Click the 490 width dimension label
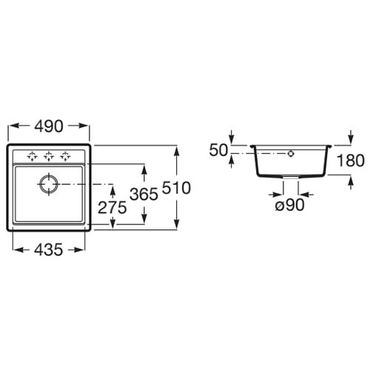point(49,127)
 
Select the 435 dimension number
point(48,249)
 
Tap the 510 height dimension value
point(176,188)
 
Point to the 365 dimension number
point(144,194)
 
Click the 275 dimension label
point(112,207)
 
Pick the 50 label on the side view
point(218,150)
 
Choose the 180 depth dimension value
point(351,161)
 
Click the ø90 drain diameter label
point(290,205)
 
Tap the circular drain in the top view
point(49,184)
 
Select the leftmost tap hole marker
point(33,156)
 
